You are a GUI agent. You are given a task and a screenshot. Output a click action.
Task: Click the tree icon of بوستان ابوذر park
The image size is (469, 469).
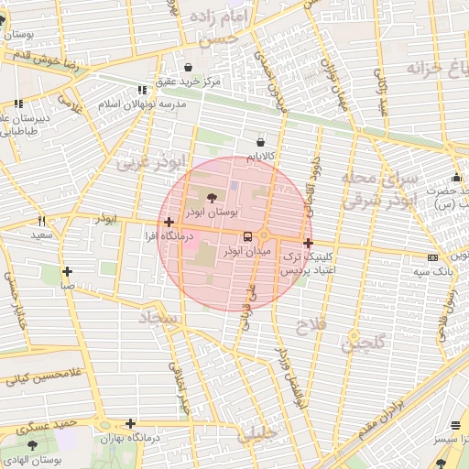(212, 197)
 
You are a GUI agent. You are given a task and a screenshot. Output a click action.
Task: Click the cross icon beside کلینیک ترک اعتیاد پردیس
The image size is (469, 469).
(308, 244)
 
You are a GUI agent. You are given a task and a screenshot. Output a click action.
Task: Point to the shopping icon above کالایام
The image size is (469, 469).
(261, 143)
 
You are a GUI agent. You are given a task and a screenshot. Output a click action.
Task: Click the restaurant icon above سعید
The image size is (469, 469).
(41, 221)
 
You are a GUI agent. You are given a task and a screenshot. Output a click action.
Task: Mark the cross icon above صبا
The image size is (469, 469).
(67, 271)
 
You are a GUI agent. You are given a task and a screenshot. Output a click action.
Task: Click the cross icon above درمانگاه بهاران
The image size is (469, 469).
(132, 423)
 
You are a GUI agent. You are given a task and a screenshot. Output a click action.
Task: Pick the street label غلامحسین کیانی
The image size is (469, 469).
(40, 374)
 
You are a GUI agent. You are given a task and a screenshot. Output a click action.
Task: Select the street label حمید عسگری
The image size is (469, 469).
(42, 427)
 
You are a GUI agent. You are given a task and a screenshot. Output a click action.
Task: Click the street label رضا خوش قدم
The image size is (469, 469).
(46, 60)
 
